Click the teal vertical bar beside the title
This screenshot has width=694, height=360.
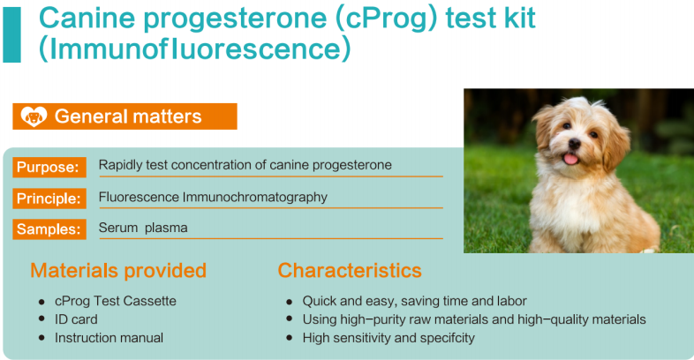(x=12, y=35)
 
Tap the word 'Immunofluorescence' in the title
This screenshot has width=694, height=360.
(x=195, y=48)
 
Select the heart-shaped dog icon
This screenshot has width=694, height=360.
(x=34, y=116)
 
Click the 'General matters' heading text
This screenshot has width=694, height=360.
(x=128, y=116)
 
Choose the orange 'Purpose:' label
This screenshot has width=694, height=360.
(x=49, y=167)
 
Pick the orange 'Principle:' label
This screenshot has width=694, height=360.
(x=49, y=199)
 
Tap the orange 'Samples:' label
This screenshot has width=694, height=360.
(x=49, y=229)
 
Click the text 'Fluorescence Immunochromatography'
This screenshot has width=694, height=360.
(x=213, y=198)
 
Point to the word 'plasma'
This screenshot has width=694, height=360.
(x=166, y=229)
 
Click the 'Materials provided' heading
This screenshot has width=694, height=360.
(x=118, y=270)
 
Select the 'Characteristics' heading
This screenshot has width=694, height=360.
(x=350, y=270)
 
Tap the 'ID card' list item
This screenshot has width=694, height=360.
(x=76, y=319)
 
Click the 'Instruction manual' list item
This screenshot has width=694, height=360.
(x=109, y=338)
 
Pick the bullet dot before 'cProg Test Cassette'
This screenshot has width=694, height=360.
(x=41, y=302)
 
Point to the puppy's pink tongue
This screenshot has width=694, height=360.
(x=570, y=159)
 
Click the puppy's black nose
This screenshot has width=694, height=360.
(x=575, y=143)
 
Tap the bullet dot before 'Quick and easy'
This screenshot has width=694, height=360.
(x=290, y=302)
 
